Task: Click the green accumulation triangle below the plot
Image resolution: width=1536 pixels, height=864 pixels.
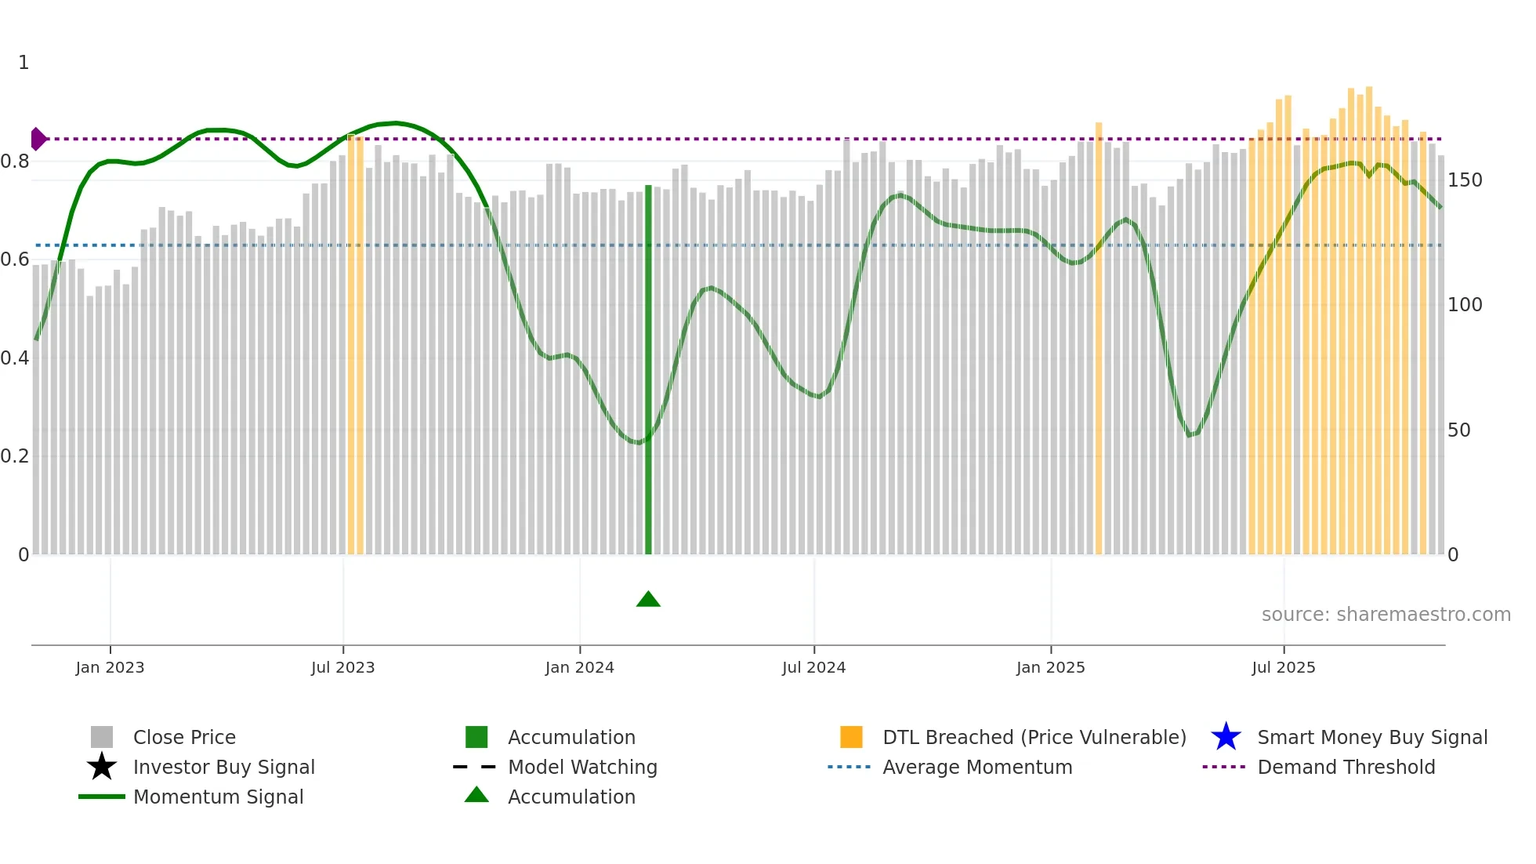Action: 648,600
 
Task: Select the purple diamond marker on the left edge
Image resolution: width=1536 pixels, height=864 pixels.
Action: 38,139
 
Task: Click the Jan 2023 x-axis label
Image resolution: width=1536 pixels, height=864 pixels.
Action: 110,667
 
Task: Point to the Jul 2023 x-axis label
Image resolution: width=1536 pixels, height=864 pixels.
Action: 342,667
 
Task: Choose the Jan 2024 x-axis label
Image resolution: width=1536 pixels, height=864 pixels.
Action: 579,667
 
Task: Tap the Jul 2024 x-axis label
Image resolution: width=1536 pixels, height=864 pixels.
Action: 813,667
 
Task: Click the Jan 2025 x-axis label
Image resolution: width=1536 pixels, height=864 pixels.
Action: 1050,667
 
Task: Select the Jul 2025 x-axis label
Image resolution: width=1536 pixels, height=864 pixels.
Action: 1283,667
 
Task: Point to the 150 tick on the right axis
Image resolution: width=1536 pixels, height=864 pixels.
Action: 1464,180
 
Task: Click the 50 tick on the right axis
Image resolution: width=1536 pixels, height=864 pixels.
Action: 1458,430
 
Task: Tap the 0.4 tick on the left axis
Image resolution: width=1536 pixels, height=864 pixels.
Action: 15,358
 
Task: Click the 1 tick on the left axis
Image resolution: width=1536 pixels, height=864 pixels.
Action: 24,63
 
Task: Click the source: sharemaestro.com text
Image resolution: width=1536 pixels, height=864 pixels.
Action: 1386,615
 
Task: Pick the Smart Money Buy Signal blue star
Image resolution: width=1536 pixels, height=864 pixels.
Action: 1226,737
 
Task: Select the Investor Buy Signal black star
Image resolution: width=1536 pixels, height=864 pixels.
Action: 102,767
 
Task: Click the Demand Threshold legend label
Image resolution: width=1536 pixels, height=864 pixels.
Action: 1346,767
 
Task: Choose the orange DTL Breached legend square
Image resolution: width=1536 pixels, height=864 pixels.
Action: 851,737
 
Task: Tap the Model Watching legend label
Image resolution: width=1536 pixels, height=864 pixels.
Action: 582,767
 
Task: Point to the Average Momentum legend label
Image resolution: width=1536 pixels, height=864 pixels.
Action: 977,767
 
